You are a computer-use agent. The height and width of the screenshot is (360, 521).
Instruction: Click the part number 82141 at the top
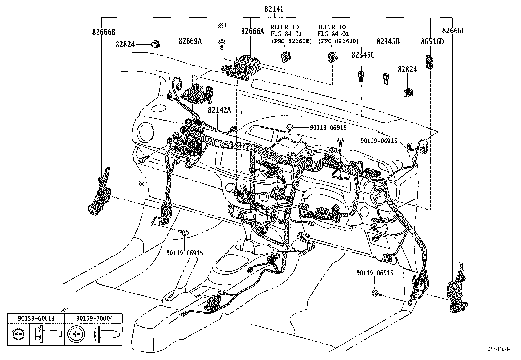pos(274,9)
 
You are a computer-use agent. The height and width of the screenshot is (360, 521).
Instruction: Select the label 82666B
pos(103,32)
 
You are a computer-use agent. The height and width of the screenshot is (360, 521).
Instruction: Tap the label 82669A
pos(190,41)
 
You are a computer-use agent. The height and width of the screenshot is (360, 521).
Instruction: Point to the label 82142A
pos(219,110)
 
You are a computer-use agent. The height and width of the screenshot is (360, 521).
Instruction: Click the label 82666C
pos(454,31)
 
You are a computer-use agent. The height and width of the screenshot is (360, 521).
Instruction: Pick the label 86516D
pos(432,41)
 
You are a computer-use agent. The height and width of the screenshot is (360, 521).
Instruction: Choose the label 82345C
pos(363,55)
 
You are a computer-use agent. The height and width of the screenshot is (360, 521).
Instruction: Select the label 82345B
pos(388,41)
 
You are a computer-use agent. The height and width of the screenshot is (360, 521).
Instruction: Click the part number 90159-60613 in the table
pos(36,318)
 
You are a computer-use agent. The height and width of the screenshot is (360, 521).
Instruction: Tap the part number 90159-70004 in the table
pos(94,318)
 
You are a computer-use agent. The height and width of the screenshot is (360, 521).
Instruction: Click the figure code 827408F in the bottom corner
pos(497,349)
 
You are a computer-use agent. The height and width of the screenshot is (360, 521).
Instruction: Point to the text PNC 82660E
pos(291,41)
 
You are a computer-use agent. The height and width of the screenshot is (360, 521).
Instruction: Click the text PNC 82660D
pos(338,41)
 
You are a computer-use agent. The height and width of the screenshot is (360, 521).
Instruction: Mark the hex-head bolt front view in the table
pos(18,334)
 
